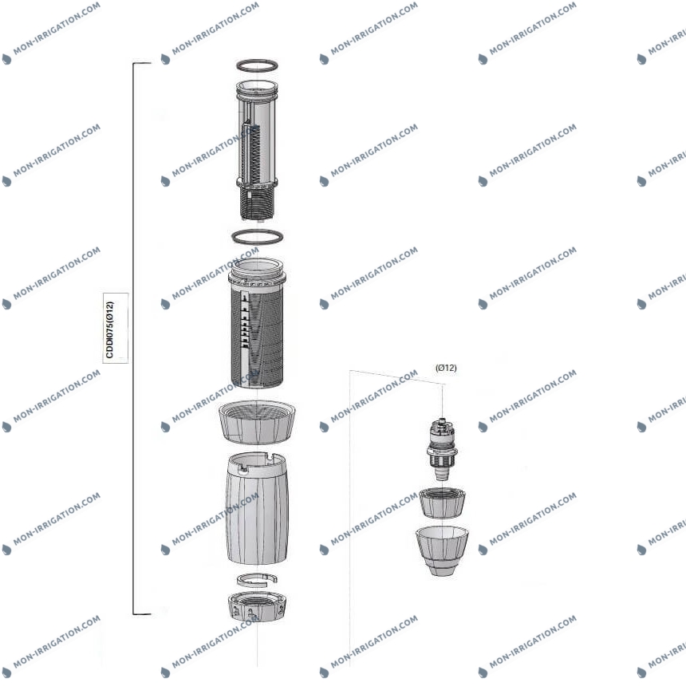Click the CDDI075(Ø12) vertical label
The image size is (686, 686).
pos(109,329)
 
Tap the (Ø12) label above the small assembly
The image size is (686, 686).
pos(446,368)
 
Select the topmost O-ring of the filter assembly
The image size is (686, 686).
pos(257,65)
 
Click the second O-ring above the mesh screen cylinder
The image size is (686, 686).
pos(257,237)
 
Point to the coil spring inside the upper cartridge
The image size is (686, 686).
pos(251,152)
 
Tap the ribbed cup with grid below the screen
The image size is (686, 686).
pos(257,422)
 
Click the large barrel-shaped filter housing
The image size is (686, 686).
pos(257,508)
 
